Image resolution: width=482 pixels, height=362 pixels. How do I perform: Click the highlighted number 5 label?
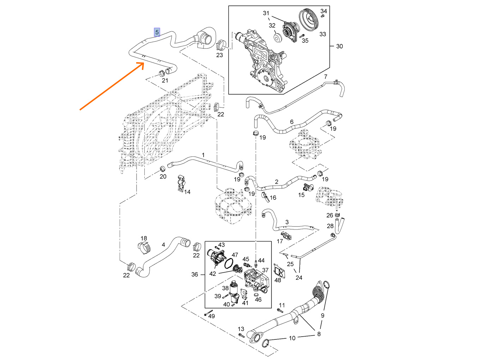[157, 32]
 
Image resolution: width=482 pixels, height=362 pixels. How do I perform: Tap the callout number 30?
[339, 46]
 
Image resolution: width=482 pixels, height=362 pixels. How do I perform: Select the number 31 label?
[266, 13]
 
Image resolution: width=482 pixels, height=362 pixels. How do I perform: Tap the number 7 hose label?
[326, 77]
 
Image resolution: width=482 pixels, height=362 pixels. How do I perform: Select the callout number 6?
[292, 122]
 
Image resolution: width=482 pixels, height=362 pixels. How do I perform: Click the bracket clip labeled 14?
[181, 183]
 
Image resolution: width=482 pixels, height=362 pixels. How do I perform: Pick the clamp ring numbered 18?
[143, 248]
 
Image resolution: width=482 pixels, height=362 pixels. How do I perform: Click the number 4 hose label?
[163, 245]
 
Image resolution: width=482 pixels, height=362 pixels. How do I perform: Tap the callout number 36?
[194, 274]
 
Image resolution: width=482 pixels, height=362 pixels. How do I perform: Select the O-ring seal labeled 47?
[229, 263]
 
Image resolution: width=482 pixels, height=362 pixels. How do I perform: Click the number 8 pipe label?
[319, 334]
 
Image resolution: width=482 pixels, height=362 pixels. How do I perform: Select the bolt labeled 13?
[241, 334]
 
